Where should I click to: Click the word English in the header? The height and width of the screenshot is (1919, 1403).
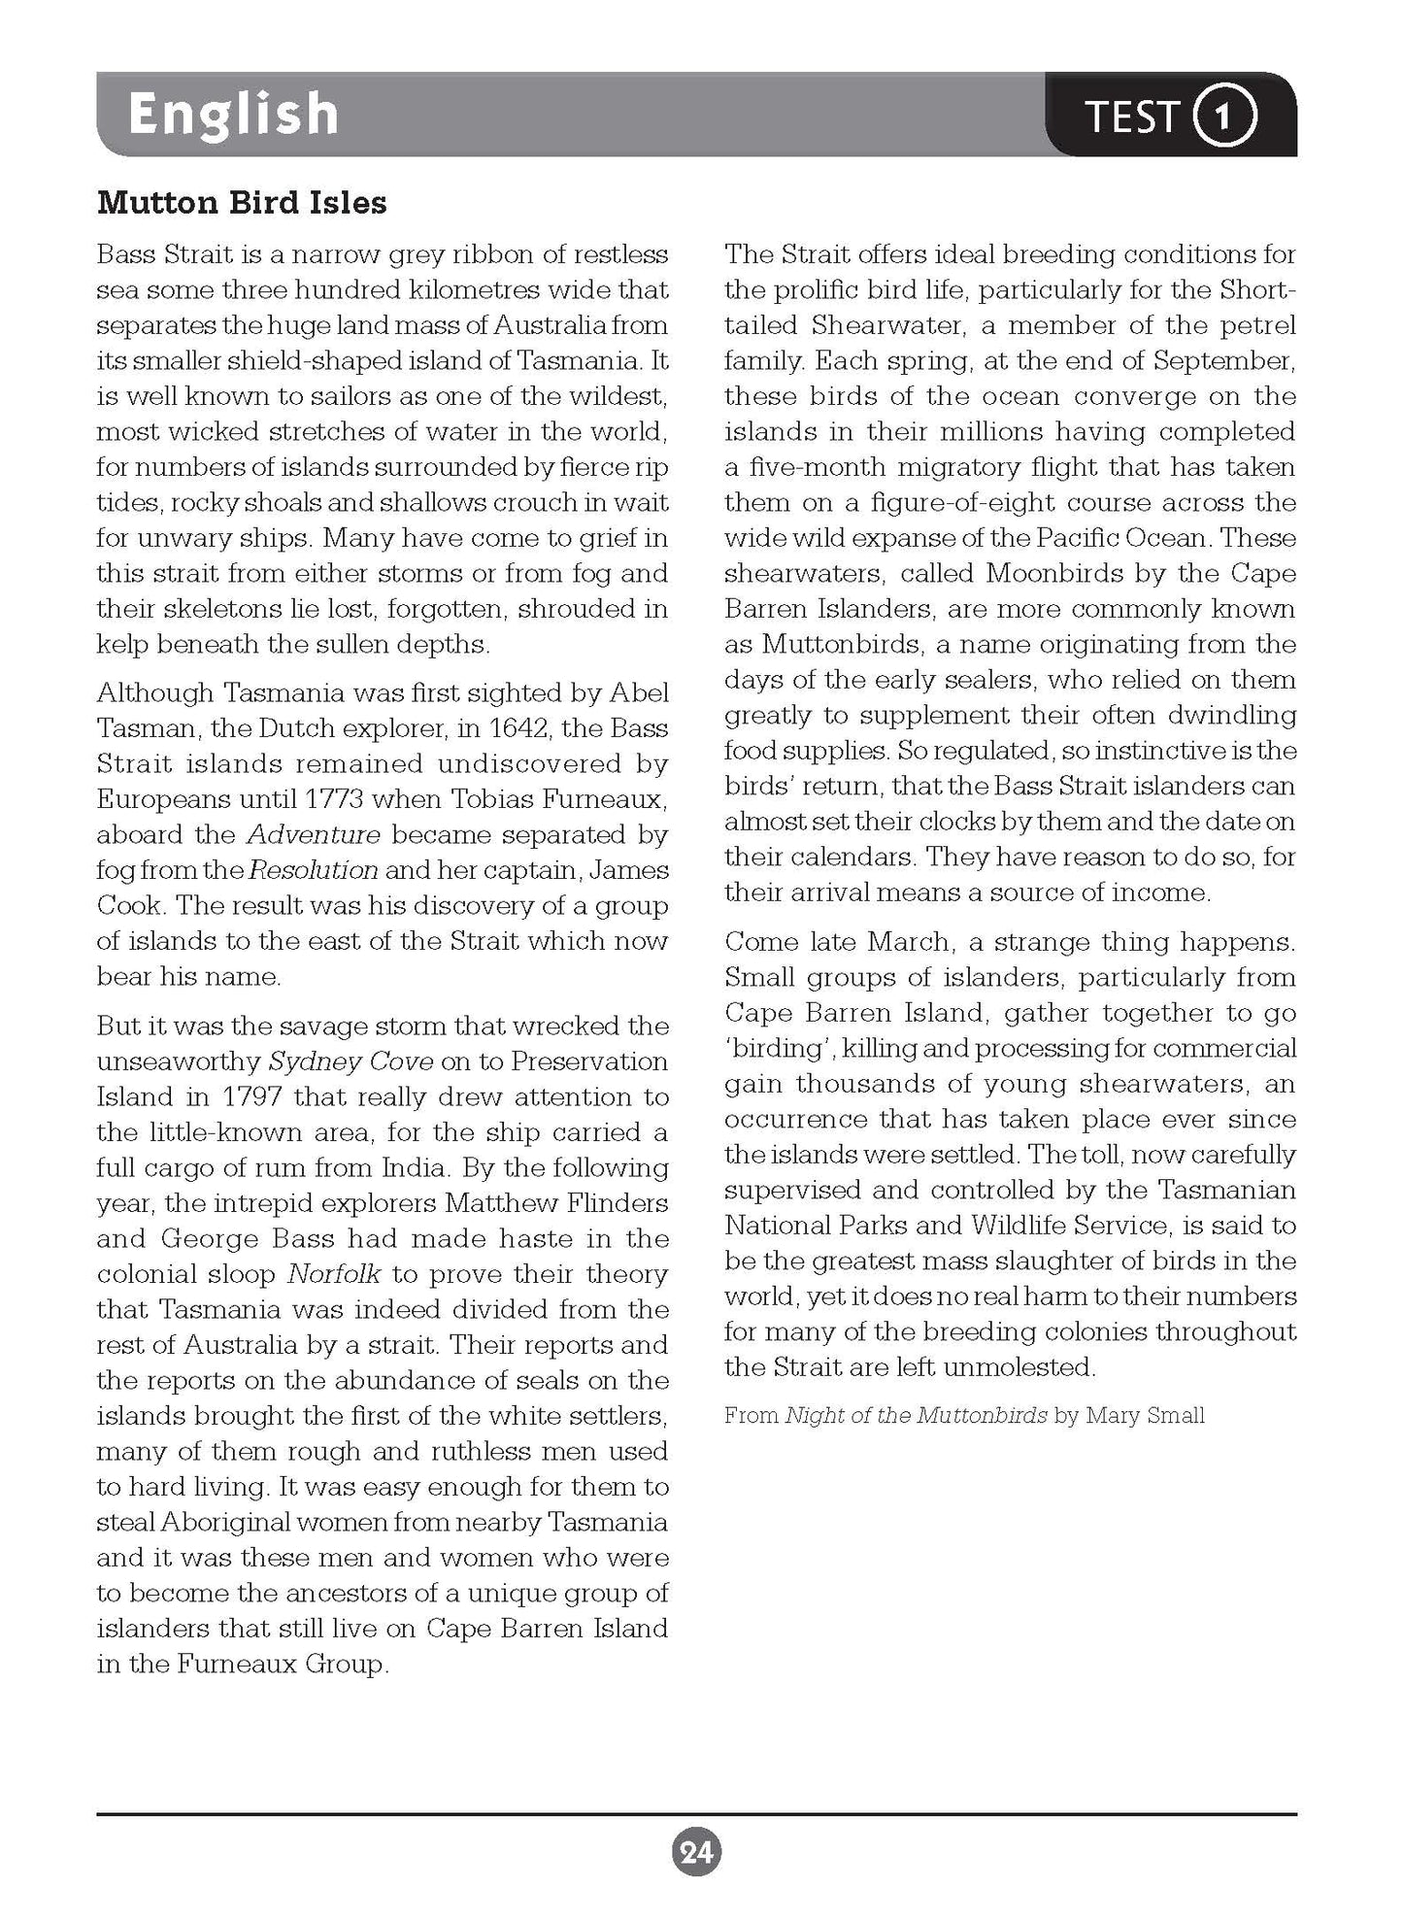pyautogui.click(x=233, y=115)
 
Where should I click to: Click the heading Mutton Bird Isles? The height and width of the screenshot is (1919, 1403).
pyautogui.click(x=242, y=203)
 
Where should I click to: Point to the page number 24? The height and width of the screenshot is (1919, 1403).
pyautogui.click(x=696, y=1853)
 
